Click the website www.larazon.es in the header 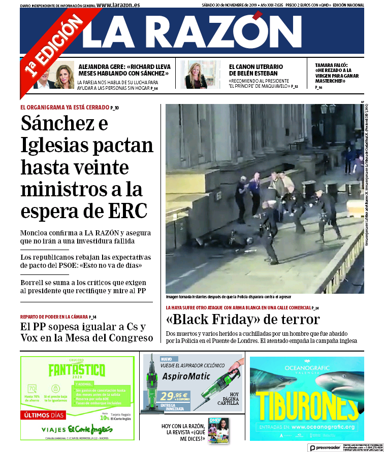tap(118, 5)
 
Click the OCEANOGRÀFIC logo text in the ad tap(307, 365)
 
